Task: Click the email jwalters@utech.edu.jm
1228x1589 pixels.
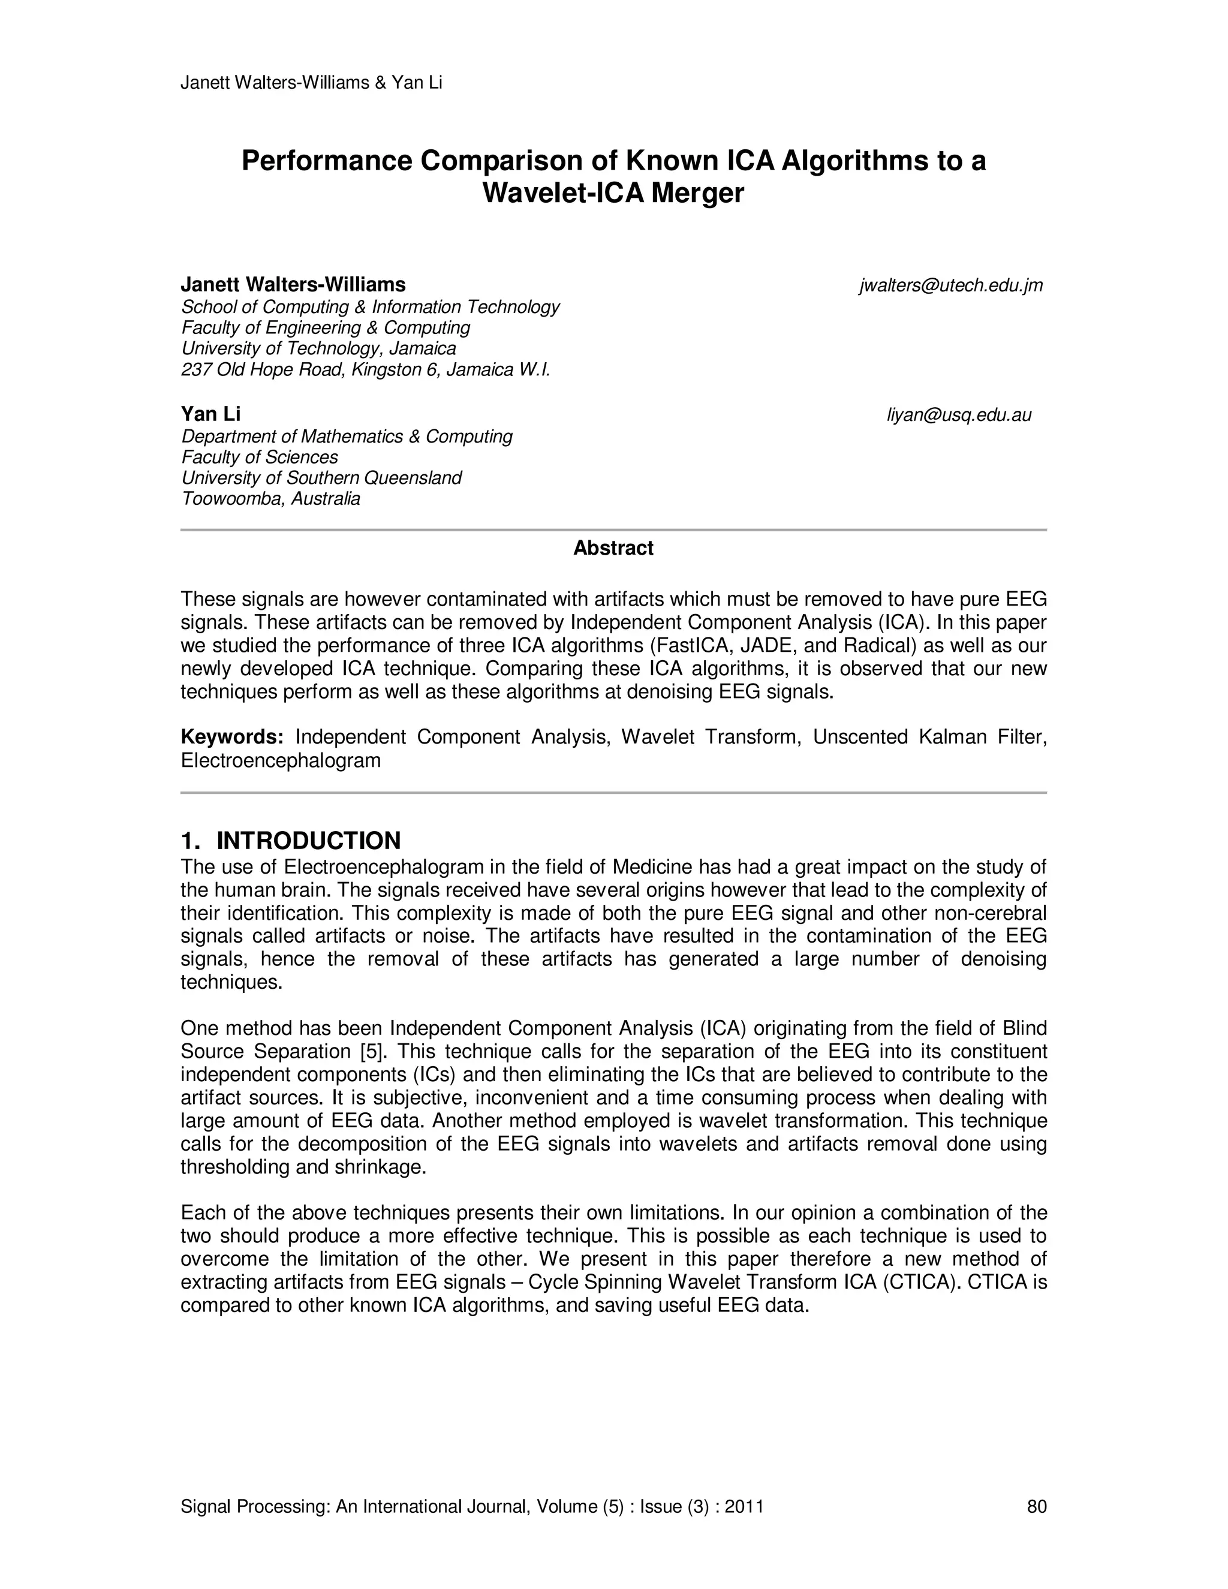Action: pyautogui.click(x=951, y=286)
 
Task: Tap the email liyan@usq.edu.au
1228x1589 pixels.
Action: pyautogui.click(x=958, y=416)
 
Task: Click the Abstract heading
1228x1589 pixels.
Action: pyautogui.click(x=613, y=549)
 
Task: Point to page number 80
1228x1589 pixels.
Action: pyautogui.click(x=1037, y=1506)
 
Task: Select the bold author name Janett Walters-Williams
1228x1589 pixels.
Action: pyautogui.click(x=293, y=284)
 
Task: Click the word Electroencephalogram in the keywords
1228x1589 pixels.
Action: pyautogui.click(x=281, y=760)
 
